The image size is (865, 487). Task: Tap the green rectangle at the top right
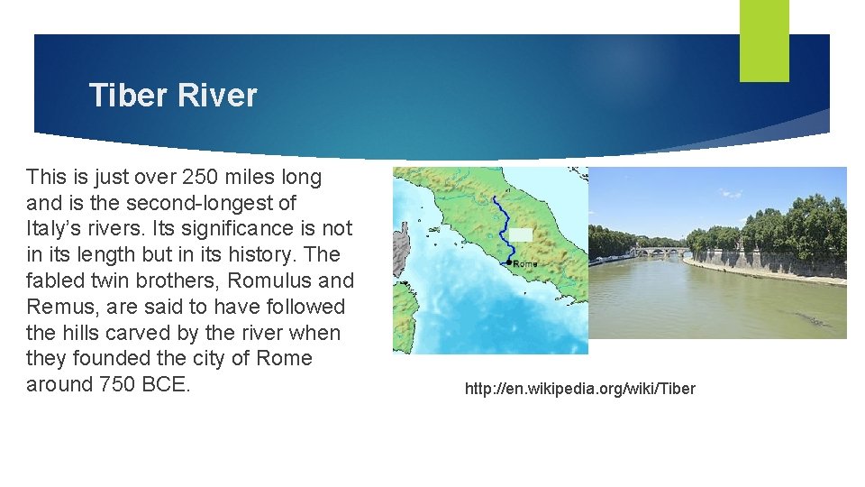(x=764, y=40)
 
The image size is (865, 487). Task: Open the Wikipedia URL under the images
(x=580, y=389)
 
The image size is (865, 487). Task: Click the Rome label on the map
(x=524, y=264)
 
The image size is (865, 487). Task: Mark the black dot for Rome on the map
(x=510, y=262)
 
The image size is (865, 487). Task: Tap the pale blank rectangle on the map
(x=521, y=234)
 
